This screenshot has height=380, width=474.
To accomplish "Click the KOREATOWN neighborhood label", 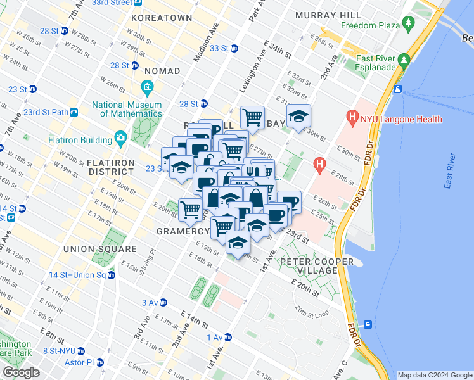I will tap(160, 18).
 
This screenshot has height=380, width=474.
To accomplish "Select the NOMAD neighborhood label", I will tap(162, 71).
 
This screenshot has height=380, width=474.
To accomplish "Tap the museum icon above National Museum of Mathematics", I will tap(148, 87).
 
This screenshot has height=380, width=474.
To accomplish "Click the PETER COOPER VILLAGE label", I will tap(309, 266).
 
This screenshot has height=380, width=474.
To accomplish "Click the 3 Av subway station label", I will tap(154, 303).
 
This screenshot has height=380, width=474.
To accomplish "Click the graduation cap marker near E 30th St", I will tap(298, 117).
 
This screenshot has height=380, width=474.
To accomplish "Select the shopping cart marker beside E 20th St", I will tap(190, 210).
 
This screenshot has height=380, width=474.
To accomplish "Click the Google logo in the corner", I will tap(21, 372).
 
